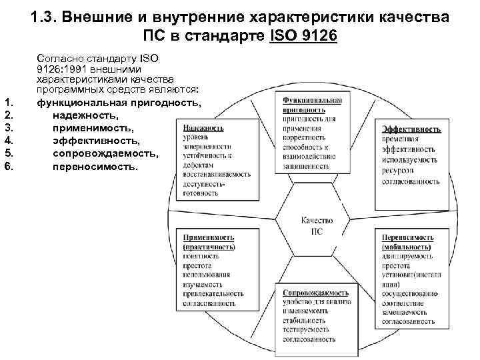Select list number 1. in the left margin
(x=9, y=102)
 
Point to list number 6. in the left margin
(x=9, y=165)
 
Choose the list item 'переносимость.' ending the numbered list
(x=95, y=165)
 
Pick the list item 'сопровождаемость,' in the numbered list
(x=106, y=153)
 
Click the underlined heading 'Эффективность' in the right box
(x=411, y=129)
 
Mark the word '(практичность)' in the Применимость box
(x=206, y=246)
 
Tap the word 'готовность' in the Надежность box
(x=200, y=193)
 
